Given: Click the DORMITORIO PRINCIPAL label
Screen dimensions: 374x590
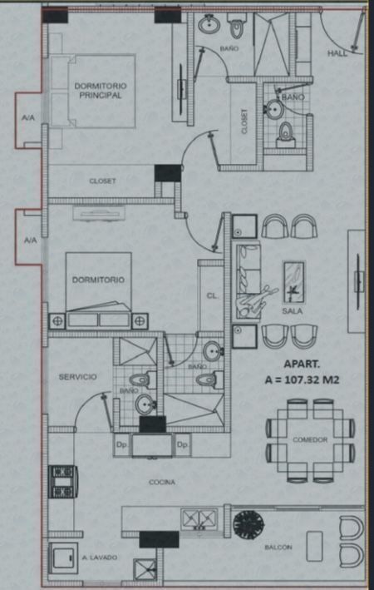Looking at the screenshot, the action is [x=101, y=91].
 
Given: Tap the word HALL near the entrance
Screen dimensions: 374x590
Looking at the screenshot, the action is [x=337, y=53].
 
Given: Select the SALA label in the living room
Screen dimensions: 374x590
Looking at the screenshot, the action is [x=293, y=311].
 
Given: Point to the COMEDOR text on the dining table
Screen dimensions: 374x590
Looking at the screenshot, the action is [x=310, y=439].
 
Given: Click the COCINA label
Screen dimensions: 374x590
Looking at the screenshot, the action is [x=162, y=482].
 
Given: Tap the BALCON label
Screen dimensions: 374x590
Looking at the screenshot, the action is [x=278, y=548].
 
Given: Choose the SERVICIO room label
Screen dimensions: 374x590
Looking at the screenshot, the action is [x=78, y=377].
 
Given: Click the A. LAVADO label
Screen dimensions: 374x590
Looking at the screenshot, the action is [x=100, y=558].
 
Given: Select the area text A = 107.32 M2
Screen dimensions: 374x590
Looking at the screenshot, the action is [x=302, y=380].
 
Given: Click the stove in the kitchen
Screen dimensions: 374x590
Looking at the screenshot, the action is [x=63, y=482].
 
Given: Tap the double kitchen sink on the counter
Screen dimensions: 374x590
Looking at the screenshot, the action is [x=199, y=519].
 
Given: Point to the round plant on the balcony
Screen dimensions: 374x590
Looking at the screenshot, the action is [x=249, y=524].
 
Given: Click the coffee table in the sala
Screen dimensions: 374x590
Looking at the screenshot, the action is [x=293, y=282].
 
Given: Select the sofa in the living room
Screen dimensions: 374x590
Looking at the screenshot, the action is [x=249, y=281].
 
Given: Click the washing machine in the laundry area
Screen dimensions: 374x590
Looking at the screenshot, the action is [x=63, y=558].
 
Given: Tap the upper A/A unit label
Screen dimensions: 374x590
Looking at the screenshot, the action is [x=27, y=118].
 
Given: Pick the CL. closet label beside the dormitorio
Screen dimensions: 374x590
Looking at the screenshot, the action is [x=213, y=296].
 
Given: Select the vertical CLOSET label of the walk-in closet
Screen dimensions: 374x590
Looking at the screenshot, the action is [x=244, y=121].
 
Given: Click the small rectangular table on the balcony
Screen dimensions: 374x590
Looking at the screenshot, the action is [x=314, y=547].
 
